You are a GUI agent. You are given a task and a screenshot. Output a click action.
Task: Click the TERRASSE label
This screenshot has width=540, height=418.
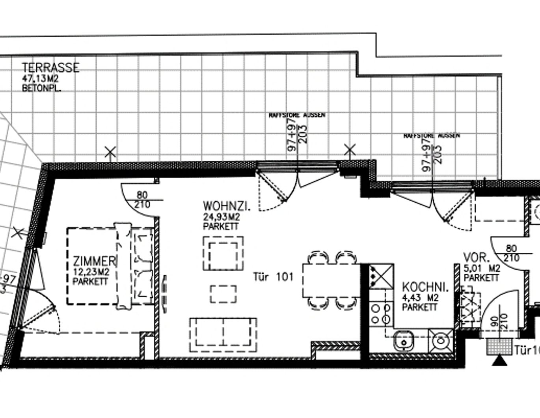coord(50,67)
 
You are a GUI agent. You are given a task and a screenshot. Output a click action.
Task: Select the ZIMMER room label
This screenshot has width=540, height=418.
coord(94,261)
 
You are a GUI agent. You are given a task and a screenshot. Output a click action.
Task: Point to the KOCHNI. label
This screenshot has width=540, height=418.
coord(425,287)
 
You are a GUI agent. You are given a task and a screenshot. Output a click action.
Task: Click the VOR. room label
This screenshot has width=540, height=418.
coord(476,258)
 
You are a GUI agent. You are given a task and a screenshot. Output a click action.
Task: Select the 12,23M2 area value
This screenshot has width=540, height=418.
coord(91,272)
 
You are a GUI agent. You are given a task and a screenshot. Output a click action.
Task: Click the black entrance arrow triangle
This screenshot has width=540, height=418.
coord(500,361)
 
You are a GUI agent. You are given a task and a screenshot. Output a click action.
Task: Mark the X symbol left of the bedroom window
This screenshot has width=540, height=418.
coord(17,233)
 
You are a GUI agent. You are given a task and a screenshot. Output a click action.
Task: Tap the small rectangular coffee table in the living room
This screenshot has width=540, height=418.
coord(223,294)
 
